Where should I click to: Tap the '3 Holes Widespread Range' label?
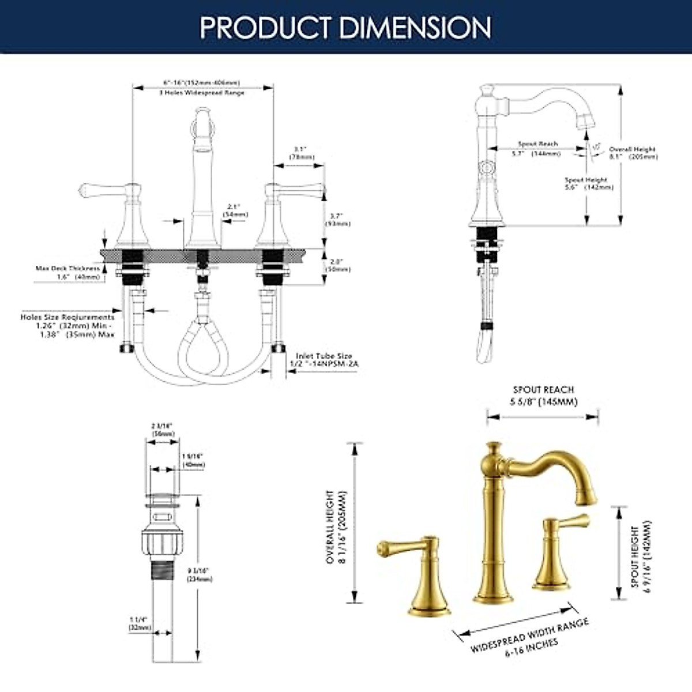pos(202,93)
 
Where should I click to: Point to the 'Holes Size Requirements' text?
pos(67,317)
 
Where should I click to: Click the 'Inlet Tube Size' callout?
pos(324,356)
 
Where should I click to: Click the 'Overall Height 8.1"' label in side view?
pos(633,153)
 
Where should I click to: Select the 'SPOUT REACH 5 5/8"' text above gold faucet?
pos(544,396)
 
